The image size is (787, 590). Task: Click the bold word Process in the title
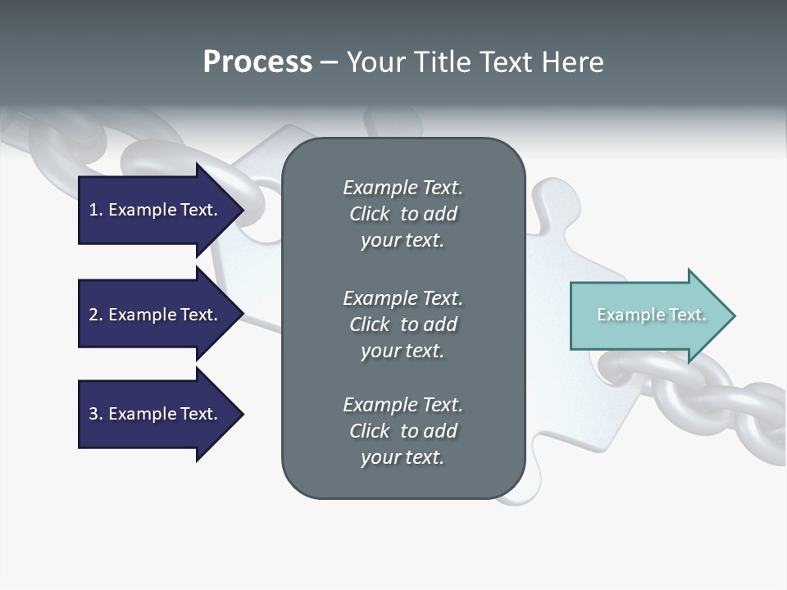(x=257, y=61)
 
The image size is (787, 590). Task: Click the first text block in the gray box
(x=403, y=214)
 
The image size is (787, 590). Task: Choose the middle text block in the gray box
(x=403, y=324)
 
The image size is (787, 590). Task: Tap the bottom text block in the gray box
(x=403, y=431)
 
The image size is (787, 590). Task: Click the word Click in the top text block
(x=369, y=214)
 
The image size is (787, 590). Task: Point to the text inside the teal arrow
(x=651, y=315)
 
